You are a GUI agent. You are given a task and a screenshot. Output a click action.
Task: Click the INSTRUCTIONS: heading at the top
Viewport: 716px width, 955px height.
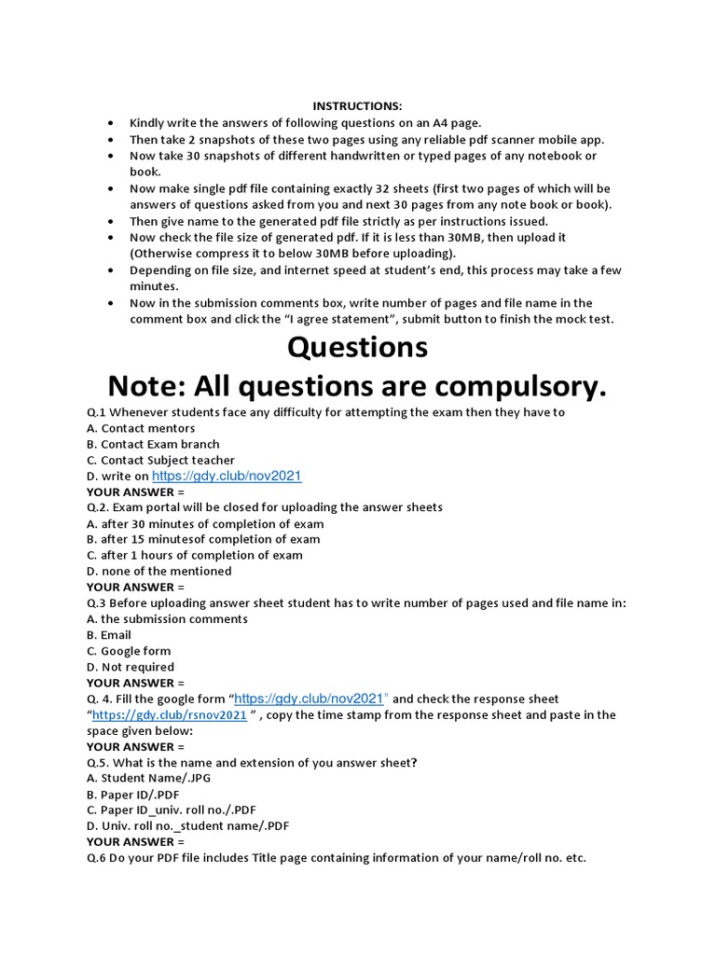(357, 106)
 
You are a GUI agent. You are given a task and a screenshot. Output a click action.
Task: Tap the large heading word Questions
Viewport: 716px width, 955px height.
(357, 347)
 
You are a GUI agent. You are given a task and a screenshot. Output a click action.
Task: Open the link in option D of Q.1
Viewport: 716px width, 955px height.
(227, 476)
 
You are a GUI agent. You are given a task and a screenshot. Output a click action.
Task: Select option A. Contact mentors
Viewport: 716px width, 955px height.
(141, 428)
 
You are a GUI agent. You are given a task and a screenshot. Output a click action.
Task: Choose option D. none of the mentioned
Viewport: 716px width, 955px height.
(159, 571)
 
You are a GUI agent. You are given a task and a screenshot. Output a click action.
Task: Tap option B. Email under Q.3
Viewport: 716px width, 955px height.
(109, 635)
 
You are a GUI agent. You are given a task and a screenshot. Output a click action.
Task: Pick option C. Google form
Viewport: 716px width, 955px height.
(129, 651)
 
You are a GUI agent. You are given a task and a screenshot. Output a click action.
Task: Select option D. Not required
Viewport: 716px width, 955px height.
(131, 667)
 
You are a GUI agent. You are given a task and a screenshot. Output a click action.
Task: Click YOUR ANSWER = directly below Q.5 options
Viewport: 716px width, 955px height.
(135, 841)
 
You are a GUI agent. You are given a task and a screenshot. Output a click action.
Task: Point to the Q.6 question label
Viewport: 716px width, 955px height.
(98, 857)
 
